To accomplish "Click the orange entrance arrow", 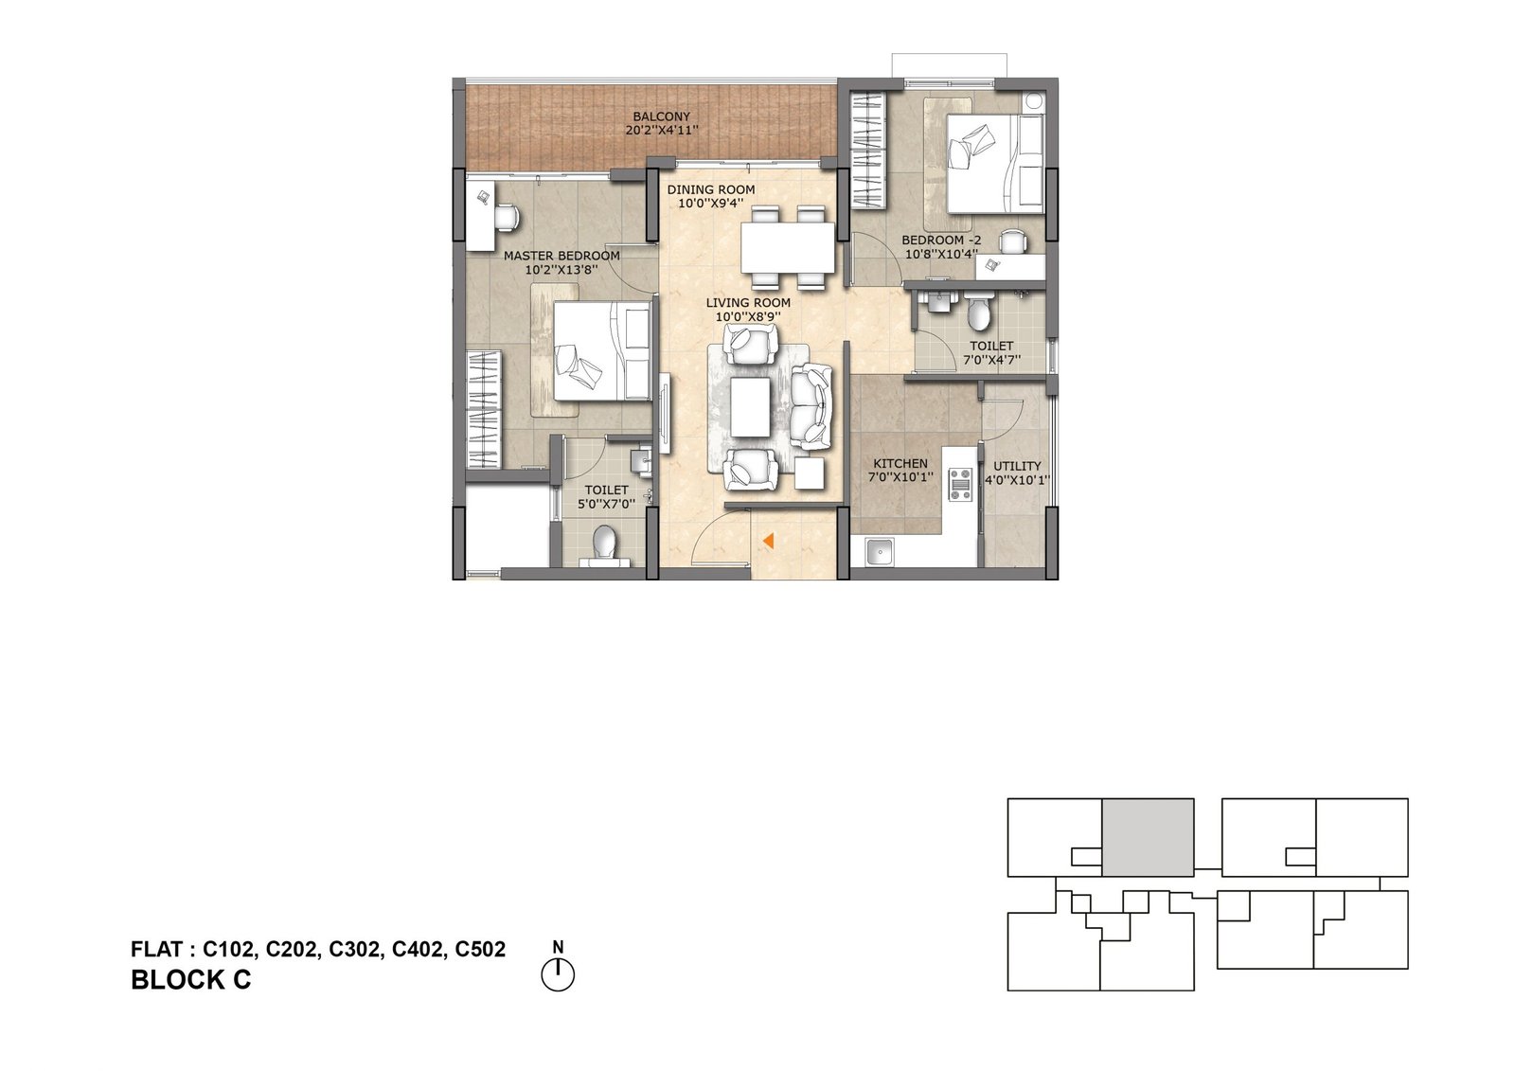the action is point(768,541).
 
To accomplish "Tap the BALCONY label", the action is point(662,117).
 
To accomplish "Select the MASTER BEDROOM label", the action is point(561,256).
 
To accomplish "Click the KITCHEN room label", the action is point(900,463).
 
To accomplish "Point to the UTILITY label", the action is point(1017,466).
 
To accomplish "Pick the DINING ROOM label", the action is point(711,189).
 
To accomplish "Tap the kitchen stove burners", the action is point(960,485).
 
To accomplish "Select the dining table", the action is point(788,247).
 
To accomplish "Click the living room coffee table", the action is point(750,407).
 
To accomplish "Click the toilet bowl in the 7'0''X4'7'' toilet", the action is point(978,313).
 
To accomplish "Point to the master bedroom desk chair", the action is point(507,218).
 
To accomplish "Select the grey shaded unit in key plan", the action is point(1149,838).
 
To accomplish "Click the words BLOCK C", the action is point(190,980).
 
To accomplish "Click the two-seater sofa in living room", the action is point(811,406).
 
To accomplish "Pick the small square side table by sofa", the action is point(811,473).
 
